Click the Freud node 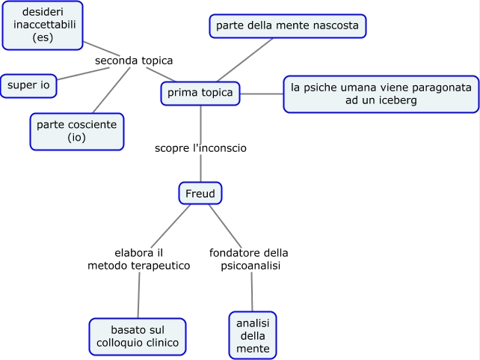pos(200,194)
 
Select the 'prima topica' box pos(200,93)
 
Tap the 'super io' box pos(28,86)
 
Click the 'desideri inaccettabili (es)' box pos(43,25)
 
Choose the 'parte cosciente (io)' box pos(77,132)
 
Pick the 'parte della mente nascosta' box pos(288,26)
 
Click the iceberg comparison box pos(381,94)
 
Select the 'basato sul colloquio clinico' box pos(138,336)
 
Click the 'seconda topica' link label pos(135,61)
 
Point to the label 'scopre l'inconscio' pos(200,148)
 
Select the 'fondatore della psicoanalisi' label pos(249,259)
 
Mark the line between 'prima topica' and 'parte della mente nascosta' pos(244,59)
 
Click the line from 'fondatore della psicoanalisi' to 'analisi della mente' pos(252,292)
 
